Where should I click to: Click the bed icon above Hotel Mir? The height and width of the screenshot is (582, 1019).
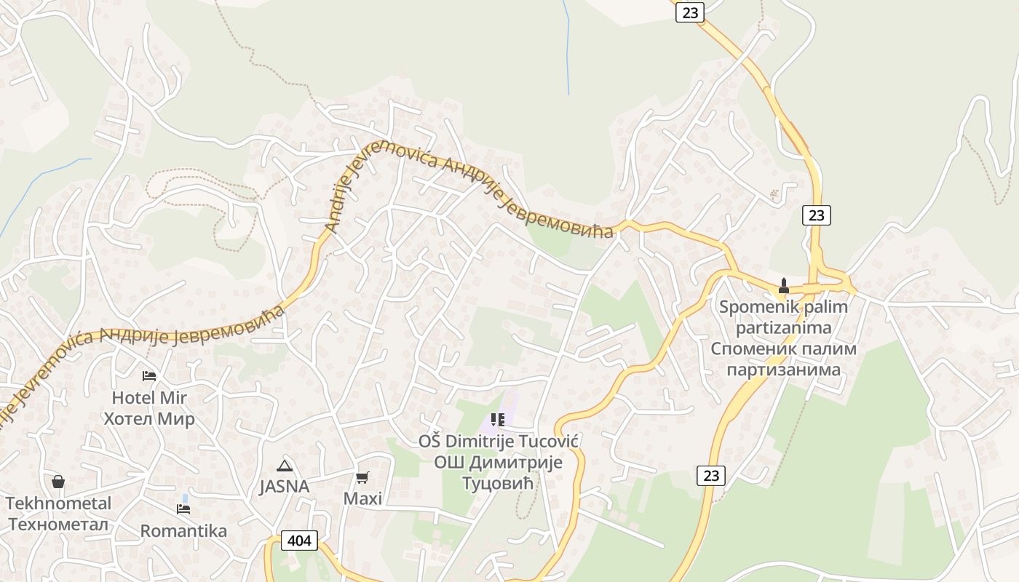point(148,376)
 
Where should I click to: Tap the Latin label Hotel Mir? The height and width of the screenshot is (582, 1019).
point(149,398)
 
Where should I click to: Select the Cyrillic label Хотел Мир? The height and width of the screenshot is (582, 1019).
point(149,419)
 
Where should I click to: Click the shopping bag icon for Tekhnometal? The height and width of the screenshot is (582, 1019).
point(58,482)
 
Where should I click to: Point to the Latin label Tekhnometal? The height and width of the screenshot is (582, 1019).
point(59,503)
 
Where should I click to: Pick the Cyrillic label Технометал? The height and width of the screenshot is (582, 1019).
point(59,525)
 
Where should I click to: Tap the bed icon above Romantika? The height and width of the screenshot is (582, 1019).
point(183,509)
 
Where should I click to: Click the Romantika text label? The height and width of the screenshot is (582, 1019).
point(183,531)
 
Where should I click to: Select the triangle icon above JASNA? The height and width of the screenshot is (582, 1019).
point(284,466)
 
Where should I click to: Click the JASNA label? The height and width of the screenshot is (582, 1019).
point(285,487)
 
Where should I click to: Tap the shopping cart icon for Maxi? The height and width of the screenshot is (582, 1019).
point(362,477)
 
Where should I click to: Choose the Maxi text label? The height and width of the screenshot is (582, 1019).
point(362,498)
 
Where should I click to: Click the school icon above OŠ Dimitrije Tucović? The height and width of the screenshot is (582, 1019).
point(498,420)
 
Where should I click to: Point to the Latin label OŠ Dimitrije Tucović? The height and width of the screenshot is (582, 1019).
point(498,442)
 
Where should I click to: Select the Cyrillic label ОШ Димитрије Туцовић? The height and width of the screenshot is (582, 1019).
point(498,473)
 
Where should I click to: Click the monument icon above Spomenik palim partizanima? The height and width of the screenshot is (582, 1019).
point(783,285)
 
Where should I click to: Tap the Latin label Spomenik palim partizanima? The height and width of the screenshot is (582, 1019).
point(783,317)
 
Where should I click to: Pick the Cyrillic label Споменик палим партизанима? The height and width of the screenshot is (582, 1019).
point(783,359)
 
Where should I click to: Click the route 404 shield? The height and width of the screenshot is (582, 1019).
point(299,541)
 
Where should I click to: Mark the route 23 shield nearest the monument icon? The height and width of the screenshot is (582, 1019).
point(817,215)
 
